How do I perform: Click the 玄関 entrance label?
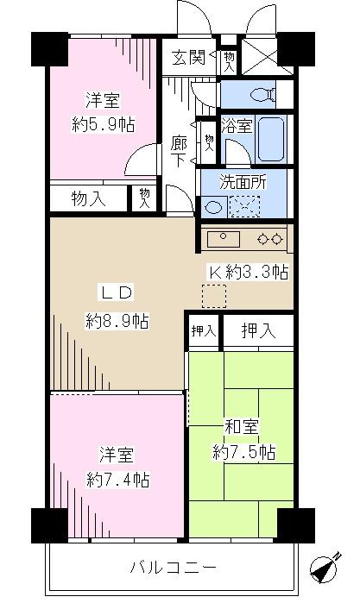pos(187,59)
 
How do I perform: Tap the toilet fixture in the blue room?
pos(258,93)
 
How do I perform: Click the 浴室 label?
pos(237,126)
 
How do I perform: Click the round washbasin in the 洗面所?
pos(212,207)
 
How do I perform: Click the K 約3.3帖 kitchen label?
pos(247,271)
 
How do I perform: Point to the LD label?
pos(117,292)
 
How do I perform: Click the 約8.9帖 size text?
pos(117,322)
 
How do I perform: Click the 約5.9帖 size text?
pos(103,122)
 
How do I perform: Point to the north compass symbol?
pos(325,570)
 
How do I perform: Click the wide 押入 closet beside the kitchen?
pos(259,330)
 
